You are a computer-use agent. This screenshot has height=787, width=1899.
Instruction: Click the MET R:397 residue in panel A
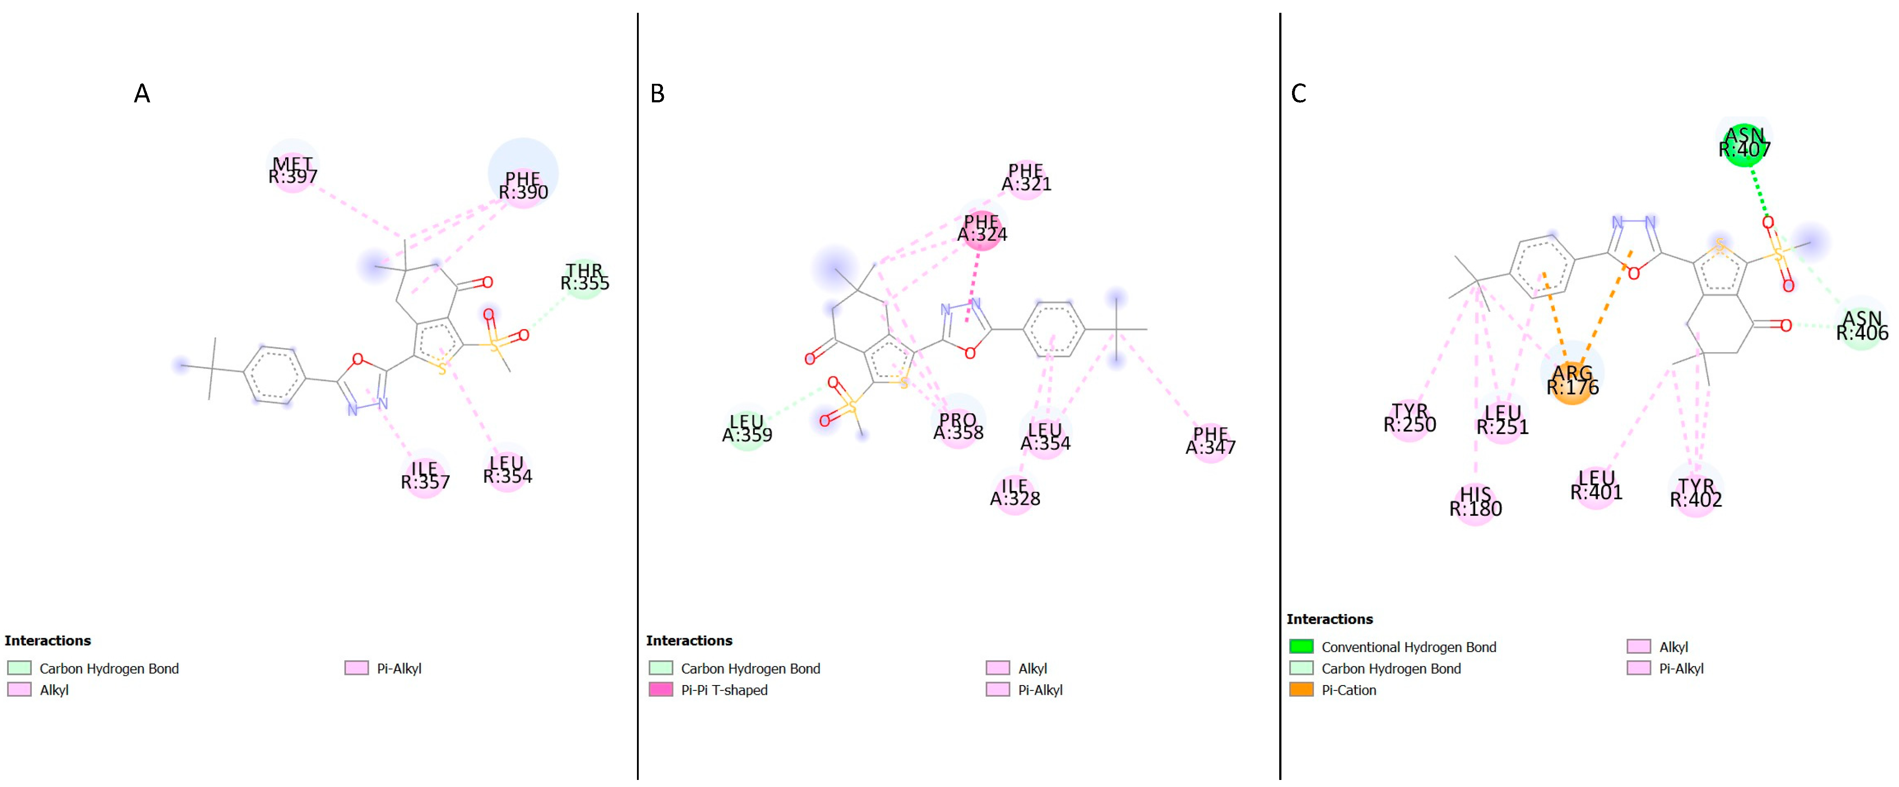coord(293,170)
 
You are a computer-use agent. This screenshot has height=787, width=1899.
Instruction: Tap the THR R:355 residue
coord(585,277)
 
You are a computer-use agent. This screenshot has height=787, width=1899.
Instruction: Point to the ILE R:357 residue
coord(425,476)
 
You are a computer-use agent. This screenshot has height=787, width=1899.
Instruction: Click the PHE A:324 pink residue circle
coord(982,229)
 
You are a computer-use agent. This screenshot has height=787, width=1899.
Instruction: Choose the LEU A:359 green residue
coord(747,428)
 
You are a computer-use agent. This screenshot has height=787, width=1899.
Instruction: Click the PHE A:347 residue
coord(1210,440)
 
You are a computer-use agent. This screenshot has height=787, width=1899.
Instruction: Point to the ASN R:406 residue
coord(1862,326)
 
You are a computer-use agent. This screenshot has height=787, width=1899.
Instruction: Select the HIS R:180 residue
coord(1475,502)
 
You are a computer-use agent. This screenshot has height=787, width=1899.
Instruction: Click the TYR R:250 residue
coord(1410,418)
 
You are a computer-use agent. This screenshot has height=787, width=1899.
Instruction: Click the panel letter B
coord(657,94)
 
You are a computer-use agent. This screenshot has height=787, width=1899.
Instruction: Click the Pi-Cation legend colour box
coord(1301,690)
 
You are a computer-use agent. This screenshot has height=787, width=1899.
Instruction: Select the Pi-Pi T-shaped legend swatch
coord(660,690)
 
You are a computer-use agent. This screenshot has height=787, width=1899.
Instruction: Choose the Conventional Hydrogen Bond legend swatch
coord(1301,647)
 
